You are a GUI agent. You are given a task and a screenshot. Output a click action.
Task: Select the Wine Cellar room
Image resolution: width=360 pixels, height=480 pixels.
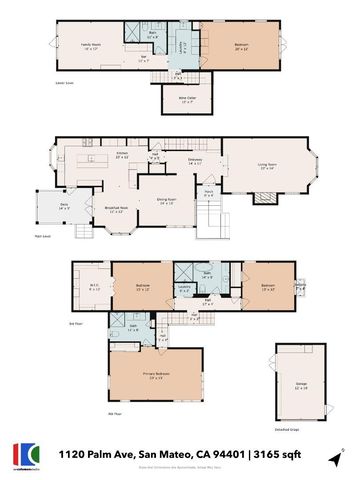click(187, 98)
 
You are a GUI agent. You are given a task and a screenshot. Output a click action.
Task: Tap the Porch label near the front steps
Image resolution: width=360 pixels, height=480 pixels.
click(209, 195)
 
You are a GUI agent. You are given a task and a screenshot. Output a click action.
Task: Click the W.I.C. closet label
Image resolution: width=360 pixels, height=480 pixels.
click(87, 290)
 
